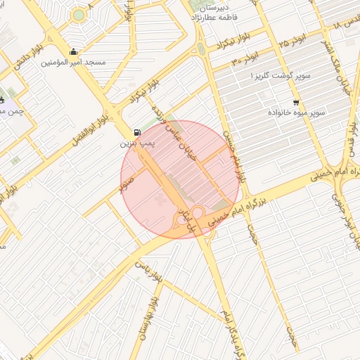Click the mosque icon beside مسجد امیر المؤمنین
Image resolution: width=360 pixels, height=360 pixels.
(75, 51)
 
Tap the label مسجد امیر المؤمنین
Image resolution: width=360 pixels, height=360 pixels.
(74, 63)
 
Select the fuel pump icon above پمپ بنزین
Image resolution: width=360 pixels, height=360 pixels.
(136, 132)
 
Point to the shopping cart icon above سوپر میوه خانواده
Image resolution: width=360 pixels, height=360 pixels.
(295, 102)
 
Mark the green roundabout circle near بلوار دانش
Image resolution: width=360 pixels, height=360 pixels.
(79, 15)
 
